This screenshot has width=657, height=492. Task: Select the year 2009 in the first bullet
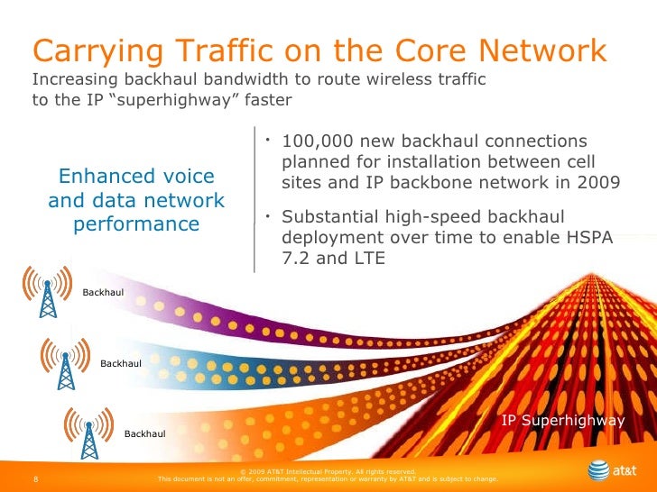pos(597,182)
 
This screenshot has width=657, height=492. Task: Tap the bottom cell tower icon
pos(88,431)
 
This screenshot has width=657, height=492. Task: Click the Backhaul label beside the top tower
pos(103,292)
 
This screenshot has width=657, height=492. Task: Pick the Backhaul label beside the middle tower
pos(121,362)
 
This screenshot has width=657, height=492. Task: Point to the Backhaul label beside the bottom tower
pos(144,434)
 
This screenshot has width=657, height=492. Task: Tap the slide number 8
pos(34,478)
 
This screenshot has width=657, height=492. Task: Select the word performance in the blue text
pos(135,222)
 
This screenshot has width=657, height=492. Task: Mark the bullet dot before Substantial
pos(268,215)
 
